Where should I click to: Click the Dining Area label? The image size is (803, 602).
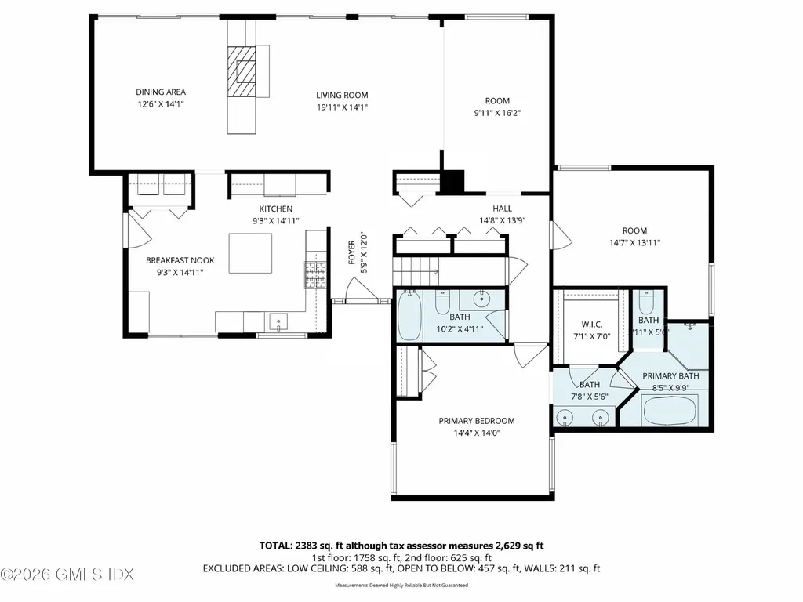(160, 92)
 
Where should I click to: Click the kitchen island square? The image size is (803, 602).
(251, 252)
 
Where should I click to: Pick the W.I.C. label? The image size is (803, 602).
(592, 324)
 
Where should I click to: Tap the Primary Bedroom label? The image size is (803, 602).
(476, 421)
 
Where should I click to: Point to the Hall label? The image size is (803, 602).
(502, 209)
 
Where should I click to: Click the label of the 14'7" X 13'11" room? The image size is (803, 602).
(634, 230)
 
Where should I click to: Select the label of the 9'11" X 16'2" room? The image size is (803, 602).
(497, 101)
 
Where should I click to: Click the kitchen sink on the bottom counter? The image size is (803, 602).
(278, 321)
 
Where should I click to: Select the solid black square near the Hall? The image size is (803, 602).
(452, 183)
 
